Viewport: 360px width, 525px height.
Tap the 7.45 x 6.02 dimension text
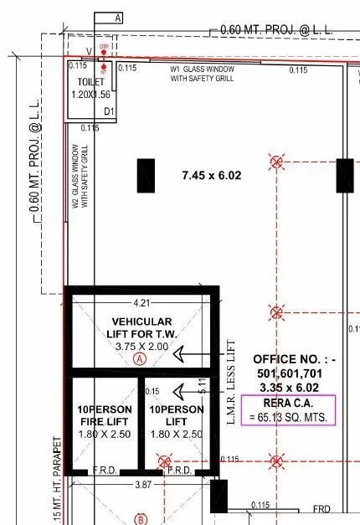pos(211,175)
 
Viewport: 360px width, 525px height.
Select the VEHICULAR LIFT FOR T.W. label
pos(141,327)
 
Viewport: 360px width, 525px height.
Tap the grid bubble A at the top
pos(116,18)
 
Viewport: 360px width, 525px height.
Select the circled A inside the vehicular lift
pos(140,359)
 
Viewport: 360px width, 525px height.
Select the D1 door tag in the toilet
pos(108,111)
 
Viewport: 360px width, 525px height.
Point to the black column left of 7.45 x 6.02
pos(147,176)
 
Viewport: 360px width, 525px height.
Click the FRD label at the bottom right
pos(321,508)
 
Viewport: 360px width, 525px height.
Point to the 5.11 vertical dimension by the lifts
pos(202,386)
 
